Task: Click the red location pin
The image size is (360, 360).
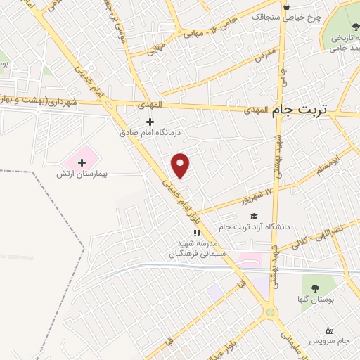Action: click(x=181, y=166)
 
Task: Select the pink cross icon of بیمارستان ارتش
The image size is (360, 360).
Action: click(x=81, y=163)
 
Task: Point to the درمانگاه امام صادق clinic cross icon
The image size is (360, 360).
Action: click(x=149, y=122)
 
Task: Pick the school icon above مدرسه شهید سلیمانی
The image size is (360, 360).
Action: click(x=198, y=233)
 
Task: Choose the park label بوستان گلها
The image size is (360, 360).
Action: click(x=321, y=300)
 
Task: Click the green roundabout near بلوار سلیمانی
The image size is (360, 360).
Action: click(x=269, y=312)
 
